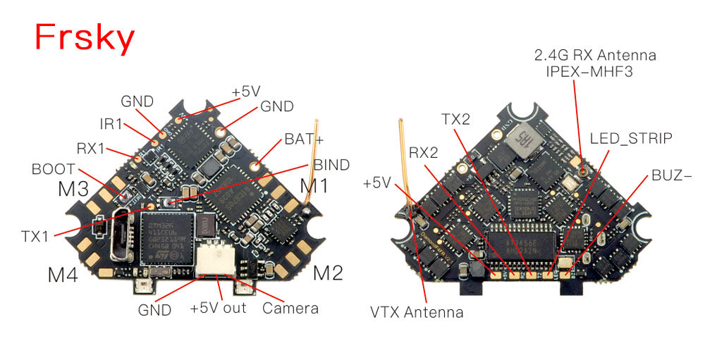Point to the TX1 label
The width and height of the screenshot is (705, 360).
point(35,236)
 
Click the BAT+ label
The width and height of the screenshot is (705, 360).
point(304,139)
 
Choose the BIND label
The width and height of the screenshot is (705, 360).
point(331,165)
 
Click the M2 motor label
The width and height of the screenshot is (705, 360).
point(328,271)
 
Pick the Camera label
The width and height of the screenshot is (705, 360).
point(290,308)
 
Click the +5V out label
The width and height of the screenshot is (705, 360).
point(218,309)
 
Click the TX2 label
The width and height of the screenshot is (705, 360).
point(455,120)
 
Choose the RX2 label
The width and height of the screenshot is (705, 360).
point(424,151)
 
